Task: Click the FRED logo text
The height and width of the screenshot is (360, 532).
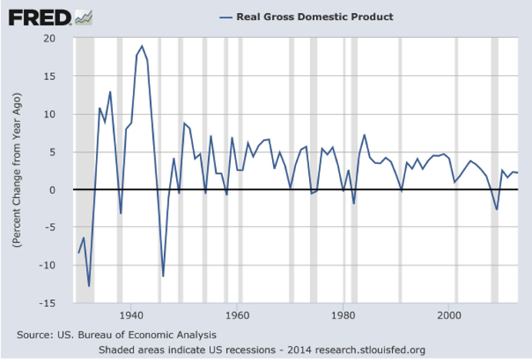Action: pyautogui.click(x=40, y=18)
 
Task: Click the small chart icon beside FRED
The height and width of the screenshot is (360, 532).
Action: pyautogui.click(x=84, y=18)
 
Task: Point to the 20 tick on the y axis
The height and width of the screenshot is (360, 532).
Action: pyautogui.click(x=49, y=38)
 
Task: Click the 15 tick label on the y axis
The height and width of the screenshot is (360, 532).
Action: pyautogui.click(x=49, y=76)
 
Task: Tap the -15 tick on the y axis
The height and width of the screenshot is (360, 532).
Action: pyautogui.click(x=47, y=303)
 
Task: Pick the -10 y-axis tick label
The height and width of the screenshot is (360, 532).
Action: pyautogui.click(x=47, y=265)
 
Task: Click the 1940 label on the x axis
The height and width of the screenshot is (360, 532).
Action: pyautogui.click(x=131, y=315)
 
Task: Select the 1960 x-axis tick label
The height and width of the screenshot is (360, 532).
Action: pyautogui.click(x=237, y=315)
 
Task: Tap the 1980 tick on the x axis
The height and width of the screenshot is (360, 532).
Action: pyautogui.click(x=343, y=315)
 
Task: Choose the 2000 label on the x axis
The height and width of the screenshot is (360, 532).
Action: pyautogui.click(x=449, y=315)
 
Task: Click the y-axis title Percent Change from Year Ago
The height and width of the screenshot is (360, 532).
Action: pyautogui.click(x=17, y=170)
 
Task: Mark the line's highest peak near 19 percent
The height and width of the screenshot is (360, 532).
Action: pyautogui.click(x=141, y=46)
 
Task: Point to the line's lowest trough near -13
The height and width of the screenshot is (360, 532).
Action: pyautogui.click(x=89, y=286)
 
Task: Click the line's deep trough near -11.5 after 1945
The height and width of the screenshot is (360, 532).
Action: pyautogui.click(x=163, y=276)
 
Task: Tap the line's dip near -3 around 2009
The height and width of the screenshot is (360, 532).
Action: pyautogui.click(x=497, y=209)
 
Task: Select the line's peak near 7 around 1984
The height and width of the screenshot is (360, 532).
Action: pyautogui.click(x=364, y=135)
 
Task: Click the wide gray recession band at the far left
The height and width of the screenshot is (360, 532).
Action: pyautogui.click(x=85, y=170)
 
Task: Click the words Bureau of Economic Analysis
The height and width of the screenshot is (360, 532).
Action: pyautogui.click(x=147, y=335)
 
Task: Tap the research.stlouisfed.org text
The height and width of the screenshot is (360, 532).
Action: pyautogui.click(x=370, y=350)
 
